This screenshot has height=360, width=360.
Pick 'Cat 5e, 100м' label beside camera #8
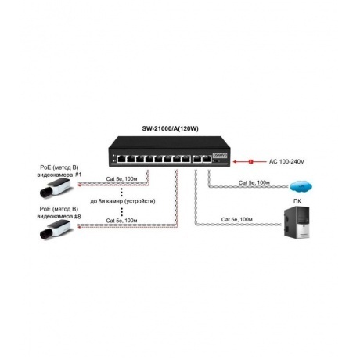pos(122,221)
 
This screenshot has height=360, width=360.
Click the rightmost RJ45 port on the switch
pos(207,159)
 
